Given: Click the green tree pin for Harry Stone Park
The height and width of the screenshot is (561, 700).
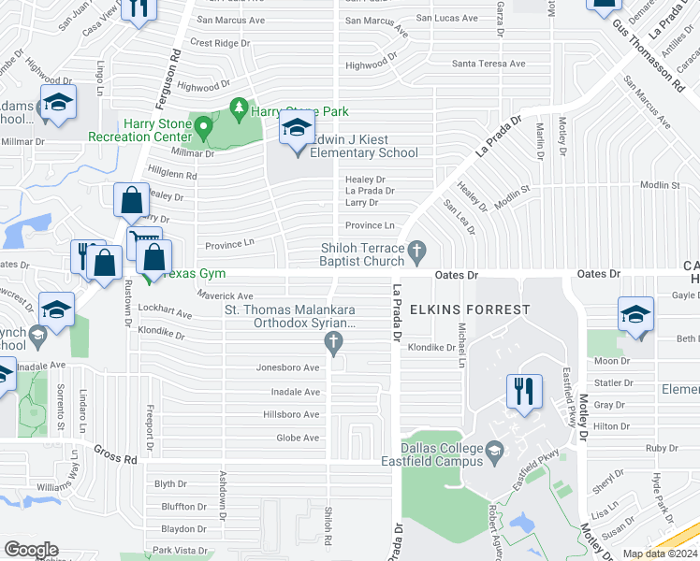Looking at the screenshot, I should click(239, 109).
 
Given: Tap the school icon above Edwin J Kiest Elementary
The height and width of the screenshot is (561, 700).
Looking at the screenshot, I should click(297, 131).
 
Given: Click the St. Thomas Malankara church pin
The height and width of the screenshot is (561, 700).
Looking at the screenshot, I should click(332, 344).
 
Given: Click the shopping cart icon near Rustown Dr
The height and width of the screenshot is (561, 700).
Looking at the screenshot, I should click(144, 244).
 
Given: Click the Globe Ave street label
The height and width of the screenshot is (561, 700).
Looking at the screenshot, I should click(298, 438).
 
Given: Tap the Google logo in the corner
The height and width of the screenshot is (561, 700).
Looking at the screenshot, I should click(31, 549).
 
